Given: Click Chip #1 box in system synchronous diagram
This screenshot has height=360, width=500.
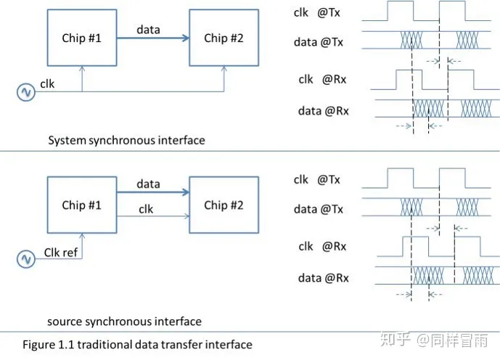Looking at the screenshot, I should [81, 38].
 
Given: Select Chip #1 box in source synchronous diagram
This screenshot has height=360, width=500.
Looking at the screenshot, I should [81, 205].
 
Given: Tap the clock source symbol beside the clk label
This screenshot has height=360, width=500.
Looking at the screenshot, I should [26, 92].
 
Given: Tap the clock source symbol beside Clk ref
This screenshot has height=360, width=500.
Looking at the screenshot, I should [26, 259].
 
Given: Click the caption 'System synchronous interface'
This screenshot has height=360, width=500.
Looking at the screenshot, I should [126, 140].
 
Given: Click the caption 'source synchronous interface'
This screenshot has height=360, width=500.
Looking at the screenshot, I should [124, 321].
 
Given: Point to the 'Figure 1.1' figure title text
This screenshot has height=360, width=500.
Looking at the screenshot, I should [137, 344].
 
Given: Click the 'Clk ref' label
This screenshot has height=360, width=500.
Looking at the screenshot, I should [62, 252].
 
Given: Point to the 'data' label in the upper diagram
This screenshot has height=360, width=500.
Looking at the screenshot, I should [148, 30].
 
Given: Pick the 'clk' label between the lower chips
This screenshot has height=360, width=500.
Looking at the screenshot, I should [146, 209].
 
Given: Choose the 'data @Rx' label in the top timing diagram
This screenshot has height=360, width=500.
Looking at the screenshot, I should [323, 111].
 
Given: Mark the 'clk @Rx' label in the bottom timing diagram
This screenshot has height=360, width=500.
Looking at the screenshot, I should [322, 246].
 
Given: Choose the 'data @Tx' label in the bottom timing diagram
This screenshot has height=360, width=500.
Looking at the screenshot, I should [319, 210].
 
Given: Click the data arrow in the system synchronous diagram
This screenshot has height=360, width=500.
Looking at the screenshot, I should [152, 39].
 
